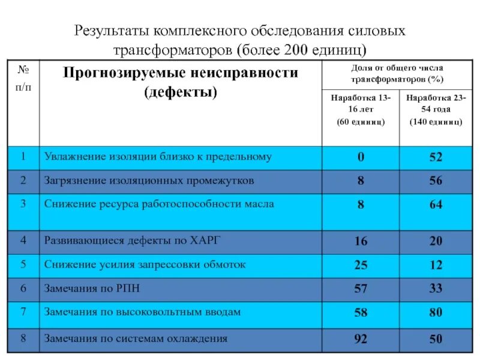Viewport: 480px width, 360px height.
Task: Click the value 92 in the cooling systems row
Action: (361, 339)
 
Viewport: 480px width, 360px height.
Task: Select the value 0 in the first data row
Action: (361, 158)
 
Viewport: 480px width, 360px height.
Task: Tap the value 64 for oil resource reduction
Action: (436, 205)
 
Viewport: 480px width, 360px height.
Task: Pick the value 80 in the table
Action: (436, 312)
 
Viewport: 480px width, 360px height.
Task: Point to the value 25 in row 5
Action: (361, 265)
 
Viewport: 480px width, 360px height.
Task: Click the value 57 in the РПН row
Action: (361, 289)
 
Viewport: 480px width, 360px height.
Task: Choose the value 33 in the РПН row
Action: (436, 289)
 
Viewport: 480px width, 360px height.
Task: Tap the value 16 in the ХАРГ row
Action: (361, 242)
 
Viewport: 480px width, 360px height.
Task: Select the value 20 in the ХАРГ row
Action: (436, 242)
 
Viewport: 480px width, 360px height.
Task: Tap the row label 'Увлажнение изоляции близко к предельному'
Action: (158, 157)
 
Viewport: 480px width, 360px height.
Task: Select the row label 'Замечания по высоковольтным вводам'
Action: (142, 312)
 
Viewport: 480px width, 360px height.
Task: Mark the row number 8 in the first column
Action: (23, 338)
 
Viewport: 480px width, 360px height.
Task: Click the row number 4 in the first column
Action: (23, 241)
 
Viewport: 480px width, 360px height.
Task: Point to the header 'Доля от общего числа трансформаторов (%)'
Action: (397, 74)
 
